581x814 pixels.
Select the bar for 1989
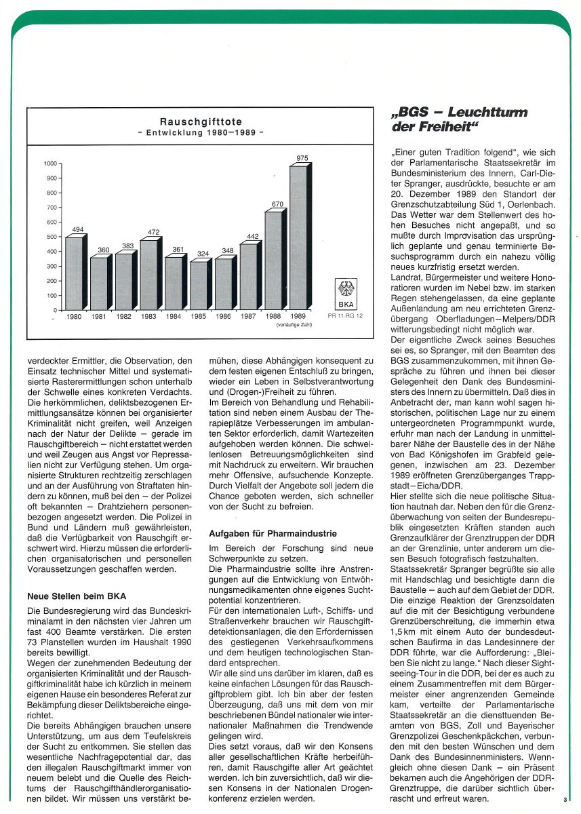point(299,237)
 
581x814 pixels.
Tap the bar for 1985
point(198,286)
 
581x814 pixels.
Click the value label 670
point(277,204)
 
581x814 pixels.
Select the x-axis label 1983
point(149,317)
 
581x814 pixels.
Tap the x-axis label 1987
point(248,317)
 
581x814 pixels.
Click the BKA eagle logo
point(346,289)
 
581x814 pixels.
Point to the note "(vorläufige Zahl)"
point(292,326)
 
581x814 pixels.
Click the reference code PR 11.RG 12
point(346,317)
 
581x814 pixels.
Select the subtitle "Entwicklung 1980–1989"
point(200,133)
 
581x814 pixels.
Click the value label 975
point(302,159)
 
